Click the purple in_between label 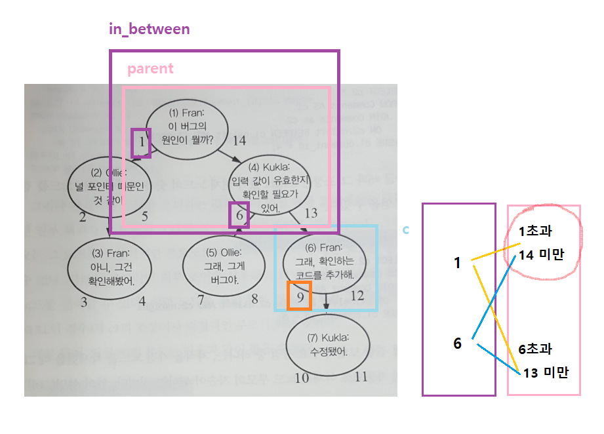coord(149,29)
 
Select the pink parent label coord(150,69)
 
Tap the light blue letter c coord(406,229)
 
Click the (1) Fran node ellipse coord(187,131)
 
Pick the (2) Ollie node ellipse coord(111,187)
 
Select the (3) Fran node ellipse coord(110,267)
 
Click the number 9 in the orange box coord(300,296)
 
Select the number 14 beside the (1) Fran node coord(239,140)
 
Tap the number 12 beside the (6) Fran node coord(357,296)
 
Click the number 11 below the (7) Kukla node coord(361,377)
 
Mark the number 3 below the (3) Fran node coord(84,302)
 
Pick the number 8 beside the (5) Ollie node coord(254,299)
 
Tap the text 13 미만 coord(546,373)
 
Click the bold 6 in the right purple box coord(458,343)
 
